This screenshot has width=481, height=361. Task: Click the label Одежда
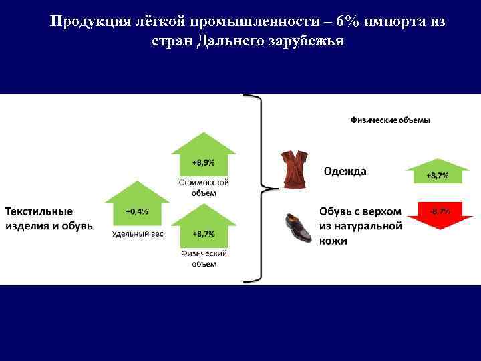tap(345, 171)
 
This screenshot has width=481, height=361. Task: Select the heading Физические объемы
tap(390, 120)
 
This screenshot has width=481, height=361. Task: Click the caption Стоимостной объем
tap(204, 187)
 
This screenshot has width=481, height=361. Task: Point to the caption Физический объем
tap(204, 259)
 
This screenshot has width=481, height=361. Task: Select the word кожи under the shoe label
tap(333, 241)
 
